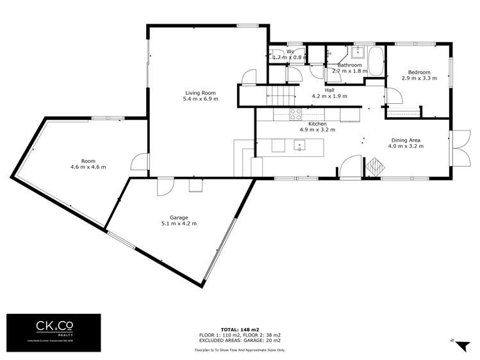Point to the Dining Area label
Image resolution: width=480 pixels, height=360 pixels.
click(406, 139)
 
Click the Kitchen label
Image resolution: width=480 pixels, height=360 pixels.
click(317, 123)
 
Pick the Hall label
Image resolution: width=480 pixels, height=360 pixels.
click(329, 90)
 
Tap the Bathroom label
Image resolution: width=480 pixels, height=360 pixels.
click(350, 65)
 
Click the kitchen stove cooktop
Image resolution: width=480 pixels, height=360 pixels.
click(295, 114)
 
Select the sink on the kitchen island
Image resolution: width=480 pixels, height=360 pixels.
click(299, 145)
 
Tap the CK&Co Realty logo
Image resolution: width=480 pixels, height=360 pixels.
click(54, 332)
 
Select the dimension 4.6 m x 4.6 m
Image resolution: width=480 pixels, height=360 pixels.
click(88, 167)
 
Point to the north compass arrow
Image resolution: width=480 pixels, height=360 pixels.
click(462, 345)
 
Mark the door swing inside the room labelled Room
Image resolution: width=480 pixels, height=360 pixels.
click(137, 161)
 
